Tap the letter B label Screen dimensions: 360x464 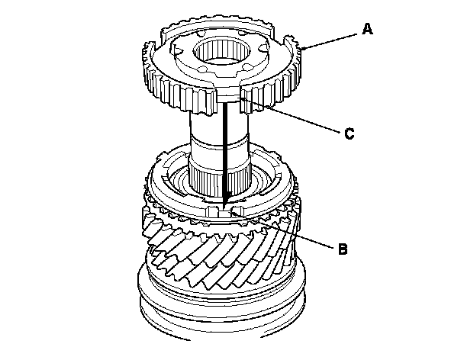[x=343, y=247]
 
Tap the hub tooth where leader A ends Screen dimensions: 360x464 [x=302, y=50]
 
